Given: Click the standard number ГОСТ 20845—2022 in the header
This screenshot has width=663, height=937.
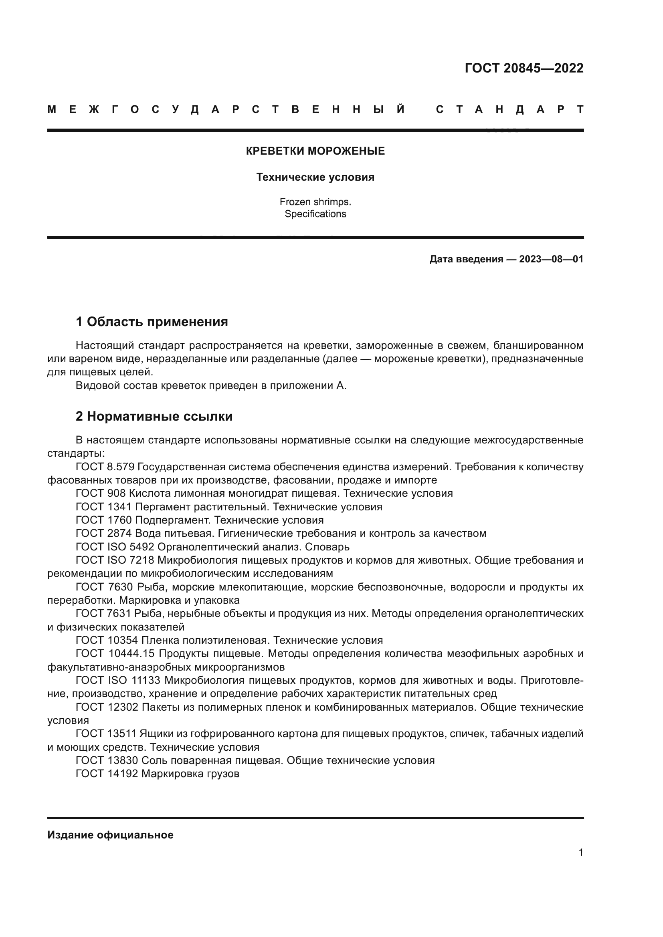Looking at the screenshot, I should coord(524,68).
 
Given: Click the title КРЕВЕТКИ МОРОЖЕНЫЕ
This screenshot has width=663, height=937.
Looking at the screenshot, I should coord(315,151).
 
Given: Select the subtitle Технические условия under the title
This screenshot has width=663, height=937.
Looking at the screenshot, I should coord(315,177).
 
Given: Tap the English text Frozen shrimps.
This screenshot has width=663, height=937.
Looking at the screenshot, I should coord(315,202).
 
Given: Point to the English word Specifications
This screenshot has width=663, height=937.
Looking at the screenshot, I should coord(315,214).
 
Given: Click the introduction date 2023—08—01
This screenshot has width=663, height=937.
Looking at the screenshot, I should coord(551,259).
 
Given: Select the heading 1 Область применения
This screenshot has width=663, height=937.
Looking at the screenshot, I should coord(152,322).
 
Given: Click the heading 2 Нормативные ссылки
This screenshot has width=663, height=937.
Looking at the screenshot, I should coord(154,417).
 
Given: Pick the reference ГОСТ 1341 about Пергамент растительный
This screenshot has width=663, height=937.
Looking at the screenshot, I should coord(228,507).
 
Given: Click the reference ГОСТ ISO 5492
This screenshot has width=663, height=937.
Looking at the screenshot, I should coord(115,547).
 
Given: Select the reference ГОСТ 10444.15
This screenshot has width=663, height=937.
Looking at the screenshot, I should coord(115,653).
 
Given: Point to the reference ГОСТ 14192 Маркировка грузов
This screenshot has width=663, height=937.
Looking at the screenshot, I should coord(157,774).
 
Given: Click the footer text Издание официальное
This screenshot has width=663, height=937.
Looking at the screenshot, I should coord(110,835).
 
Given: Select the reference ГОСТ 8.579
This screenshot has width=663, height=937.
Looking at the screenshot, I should coord(105,467).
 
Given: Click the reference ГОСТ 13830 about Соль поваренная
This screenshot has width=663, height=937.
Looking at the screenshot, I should coord(255,760).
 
